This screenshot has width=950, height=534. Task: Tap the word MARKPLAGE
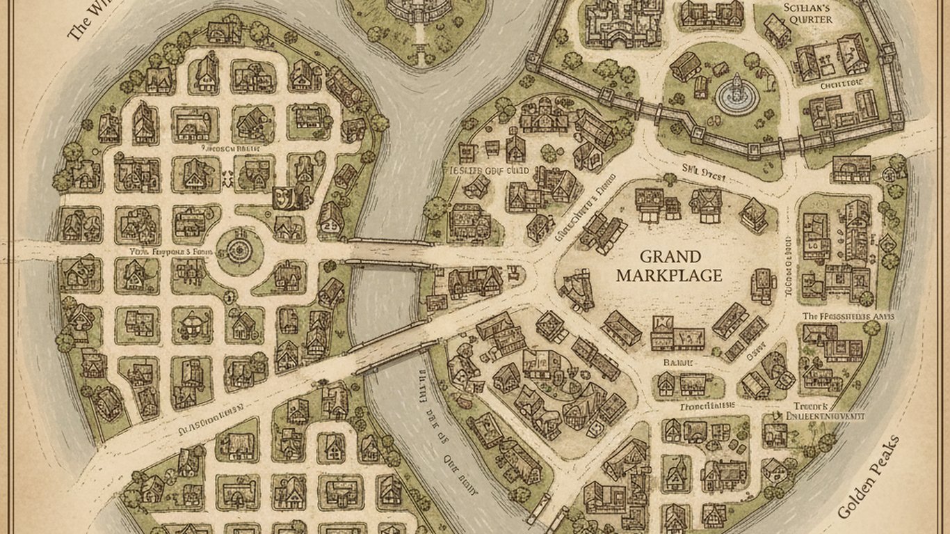[668, 276]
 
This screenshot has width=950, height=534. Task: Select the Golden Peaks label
[869, 478]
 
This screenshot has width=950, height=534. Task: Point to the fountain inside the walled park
[735, 95]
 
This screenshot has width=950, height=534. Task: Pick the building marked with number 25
[329, 224]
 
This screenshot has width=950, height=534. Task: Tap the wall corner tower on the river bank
[533, 61]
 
